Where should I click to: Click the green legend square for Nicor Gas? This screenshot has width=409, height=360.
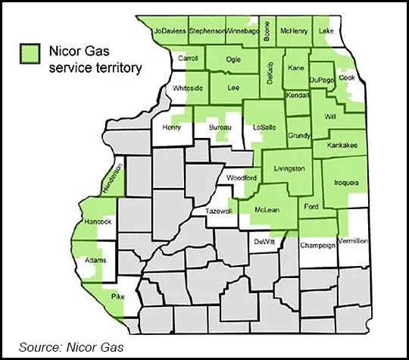click(30, 53)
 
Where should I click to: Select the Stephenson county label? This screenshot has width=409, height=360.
click(208, 31)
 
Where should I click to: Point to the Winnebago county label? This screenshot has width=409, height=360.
click(244, 31)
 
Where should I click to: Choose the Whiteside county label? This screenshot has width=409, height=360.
click(188, 88)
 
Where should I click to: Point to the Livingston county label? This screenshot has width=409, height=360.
click(289, 168)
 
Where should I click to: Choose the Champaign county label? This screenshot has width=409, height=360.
click(317, 246)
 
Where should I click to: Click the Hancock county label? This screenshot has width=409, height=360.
click(98, 221)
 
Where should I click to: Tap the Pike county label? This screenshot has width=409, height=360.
click(117, 296)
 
